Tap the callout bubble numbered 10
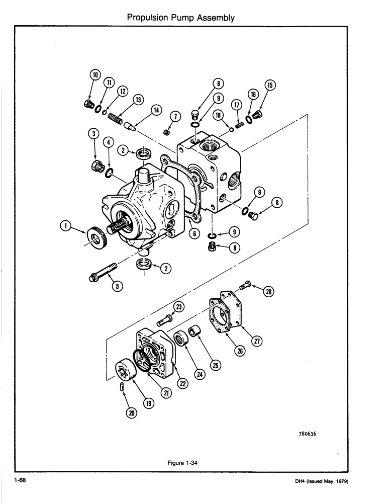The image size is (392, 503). [x=94, y=75]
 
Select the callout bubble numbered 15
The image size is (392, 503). [x=271, y=86]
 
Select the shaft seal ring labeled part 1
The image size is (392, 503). [x=95, y=235]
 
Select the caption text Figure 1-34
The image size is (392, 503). [x=181, y=464]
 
